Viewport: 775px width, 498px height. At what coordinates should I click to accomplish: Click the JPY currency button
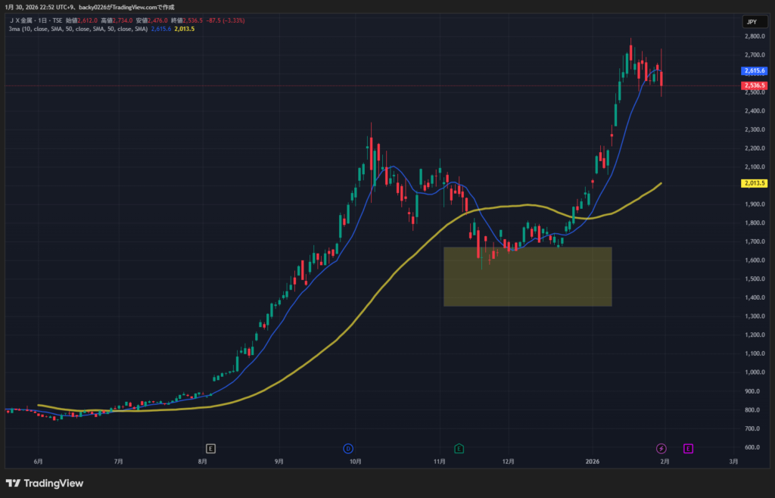click(752, 22)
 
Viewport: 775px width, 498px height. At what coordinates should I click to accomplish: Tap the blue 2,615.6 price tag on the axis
click(755, 70)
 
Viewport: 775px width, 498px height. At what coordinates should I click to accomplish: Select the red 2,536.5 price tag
click(755, 86)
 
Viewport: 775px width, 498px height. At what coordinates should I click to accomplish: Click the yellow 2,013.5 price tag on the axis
click(755, 183)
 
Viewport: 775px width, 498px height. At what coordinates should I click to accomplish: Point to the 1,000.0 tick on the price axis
click(752, 372)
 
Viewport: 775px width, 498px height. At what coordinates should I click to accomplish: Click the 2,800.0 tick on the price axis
click(752, 36)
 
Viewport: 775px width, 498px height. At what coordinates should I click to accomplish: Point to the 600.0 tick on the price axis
click(752, 447)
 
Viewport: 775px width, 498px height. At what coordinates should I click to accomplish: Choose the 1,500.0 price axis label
click(752, 279)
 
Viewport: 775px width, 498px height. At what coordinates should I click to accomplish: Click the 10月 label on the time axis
click(354, 461)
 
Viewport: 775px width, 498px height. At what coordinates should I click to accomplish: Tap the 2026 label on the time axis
click(593, 461)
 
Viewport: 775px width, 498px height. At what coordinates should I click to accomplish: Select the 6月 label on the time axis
click(38, 461)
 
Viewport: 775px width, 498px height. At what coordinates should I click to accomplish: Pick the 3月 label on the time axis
click(733, 461)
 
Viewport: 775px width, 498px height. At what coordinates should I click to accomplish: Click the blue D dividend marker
click(349, 448)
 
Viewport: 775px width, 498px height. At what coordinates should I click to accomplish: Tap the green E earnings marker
click(459, 448)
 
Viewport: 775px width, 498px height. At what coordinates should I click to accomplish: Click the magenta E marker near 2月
click(688, 448)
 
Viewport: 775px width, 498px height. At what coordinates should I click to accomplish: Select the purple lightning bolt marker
click(661, 448)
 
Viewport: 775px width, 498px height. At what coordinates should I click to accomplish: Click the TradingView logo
click(45, 483)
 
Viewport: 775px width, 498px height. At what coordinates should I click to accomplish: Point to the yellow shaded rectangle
click(528, 276)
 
